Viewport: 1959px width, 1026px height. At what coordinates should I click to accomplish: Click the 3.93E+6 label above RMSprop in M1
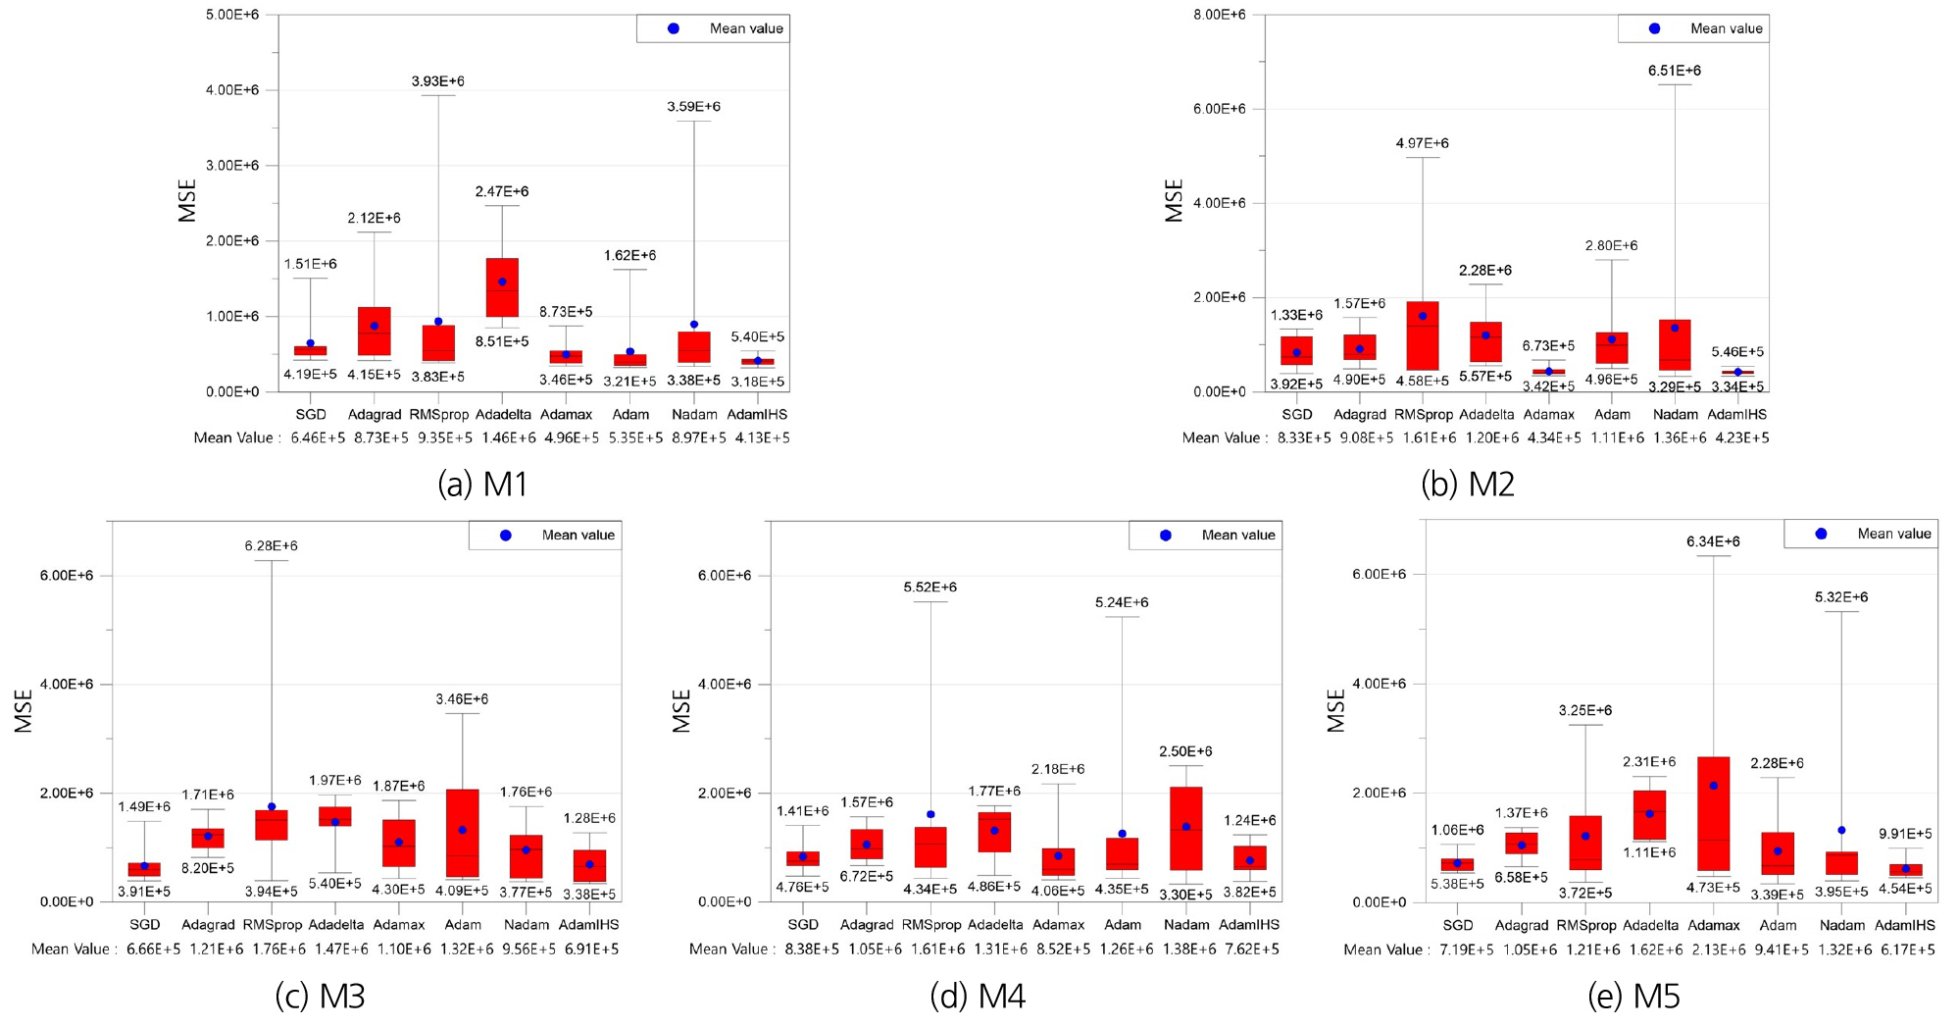(x=437, y=81)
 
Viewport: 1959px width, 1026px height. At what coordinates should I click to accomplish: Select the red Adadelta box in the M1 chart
(x=502, y=288)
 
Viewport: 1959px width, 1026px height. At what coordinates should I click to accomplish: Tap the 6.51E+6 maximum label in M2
(x=1674, y=71)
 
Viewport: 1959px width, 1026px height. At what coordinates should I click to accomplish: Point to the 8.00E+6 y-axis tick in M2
(x=1219, y=15)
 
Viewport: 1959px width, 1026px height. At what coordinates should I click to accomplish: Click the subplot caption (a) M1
(x=482, y=484)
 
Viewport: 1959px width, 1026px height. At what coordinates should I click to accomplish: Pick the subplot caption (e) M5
(x=1633, y=997)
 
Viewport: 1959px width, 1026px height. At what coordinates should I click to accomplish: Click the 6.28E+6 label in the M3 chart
(x=271, y=545)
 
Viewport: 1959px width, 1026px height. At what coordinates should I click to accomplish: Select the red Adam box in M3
(x=462, y=833)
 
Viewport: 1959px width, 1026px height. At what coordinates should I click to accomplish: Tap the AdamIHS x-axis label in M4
(x=1249, y=924)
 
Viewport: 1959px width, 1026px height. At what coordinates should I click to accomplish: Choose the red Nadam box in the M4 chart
(x=1185, y=828)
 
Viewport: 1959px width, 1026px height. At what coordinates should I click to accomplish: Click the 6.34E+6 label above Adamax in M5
(x=1713, y=541)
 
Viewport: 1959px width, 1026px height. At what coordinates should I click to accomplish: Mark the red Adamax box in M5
(x=1713, y=813)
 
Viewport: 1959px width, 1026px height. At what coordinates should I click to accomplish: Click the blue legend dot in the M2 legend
(x=1654, y=28)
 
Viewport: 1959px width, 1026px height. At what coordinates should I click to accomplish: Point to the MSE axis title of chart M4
(x=682, y=711)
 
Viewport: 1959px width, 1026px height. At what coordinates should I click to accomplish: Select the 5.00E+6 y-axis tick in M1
(x=232, y=15)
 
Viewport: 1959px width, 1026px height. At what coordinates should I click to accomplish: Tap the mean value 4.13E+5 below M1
(x=762, y=437)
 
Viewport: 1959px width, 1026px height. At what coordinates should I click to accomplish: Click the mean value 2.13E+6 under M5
(x=1718, y=949)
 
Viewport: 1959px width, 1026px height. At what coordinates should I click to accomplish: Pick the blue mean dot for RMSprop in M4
(x=930, y=814)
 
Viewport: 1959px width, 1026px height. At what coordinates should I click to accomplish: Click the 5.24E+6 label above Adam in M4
(x=1122, y=602)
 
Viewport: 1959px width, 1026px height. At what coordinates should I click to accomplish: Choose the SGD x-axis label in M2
(x=1296, y=414)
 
